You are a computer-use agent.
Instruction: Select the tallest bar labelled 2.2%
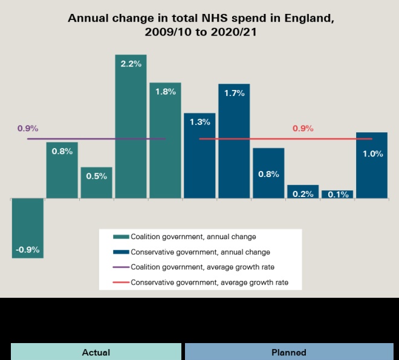click(131, 126)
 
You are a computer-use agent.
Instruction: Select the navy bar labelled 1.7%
click(234, 141)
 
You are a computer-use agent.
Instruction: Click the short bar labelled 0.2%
click(303, 192)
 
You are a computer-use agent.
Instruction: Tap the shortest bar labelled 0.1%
click(337, 194)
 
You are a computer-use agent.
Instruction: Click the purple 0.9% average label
click(28, 128)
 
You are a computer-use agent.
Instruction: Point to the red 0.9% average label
click(303, 128)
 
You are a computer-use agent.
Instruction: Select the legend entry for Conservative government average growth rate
click(209, 282)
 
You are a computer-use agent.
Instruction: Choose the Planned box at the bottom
click(289, 352)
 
